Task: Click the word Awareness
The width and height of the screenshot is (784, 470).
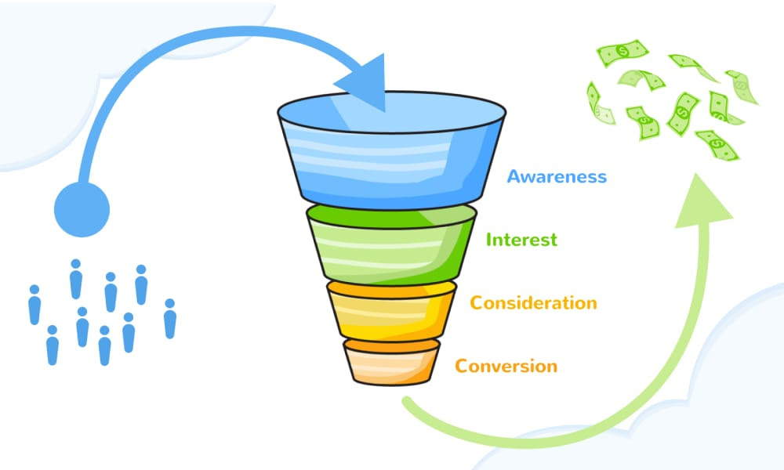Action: click(557, 176)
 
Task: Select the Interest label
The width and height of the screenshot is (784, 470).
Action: click(521, 240)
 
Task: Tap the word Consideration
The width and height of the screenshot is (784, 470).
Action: click(533, 302)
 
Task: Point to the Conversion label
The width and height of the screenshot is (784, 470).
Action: click(506, 366)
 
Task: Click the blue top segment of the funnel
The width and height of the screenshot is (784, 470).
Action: click(391, 150)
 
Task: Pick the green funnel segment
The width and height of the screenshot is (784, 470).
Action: click(391, 244)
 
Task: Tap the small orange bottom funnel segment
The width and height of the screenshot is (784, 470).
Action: click(391, 362)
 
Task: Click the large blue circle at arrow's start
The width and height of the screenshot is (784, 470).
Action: click(82, 209)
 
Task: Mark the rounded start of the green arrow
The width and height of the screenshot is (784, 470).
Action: click(407, 400)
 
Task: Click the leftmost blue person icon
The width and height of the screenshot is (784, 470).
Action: click(34, 305)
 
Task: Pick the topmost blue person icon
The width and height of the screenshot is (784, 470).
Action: click(76, 279)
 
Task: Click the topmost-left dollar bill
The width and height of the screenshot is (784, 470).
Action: click(622, 52)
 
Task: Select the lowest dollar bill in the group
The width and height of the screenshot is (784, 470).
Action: click(717, 145)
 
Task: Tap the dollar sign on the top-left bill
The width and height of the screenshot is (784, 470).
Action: click(622, 51)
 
